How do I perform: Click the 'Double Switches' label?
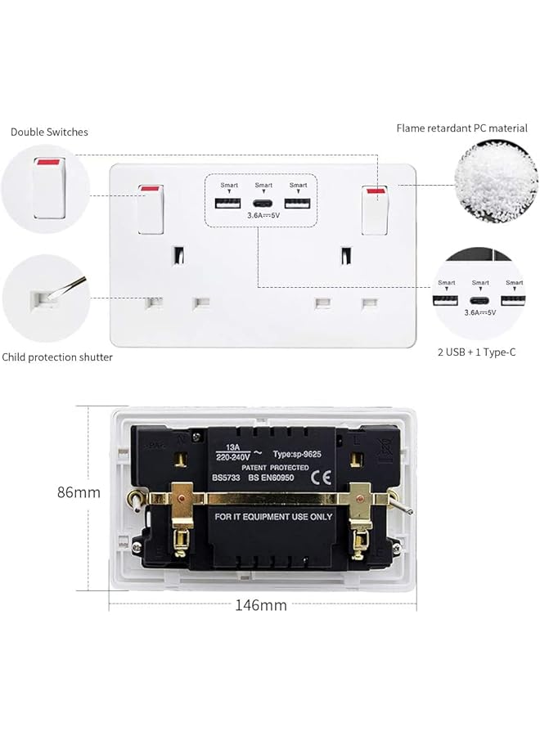[49, 132]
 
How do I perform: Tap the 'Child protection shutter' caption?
[57, 357]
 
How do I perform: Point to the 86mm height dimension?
[79, 492]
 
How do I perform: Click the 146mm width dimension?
[261, 605]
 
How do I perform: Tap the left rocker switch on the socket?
[151, 209]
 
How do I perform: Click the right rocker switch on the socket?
[376, 209]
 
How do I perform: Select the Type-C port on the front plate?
[263, 204]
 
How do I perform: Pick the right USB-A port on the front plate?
[298, 204]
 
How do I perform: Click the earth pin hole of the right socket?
[347, 256]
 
